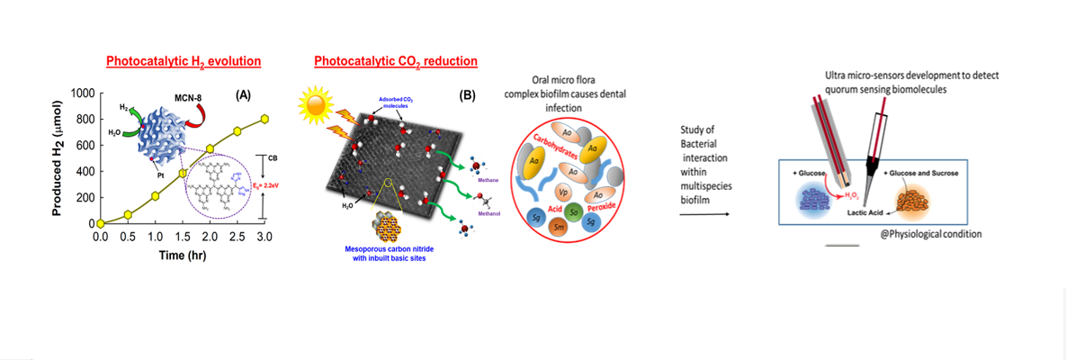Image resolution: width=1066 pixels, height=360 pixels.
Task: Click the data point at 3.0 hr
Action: (x=265, y=118)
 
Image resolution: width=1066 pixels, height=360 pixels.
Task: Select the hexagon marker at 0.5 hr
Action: (x=128, y=214)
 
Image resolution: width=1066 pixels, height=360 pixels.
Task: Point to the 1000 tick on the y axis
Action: (x=83, y=94)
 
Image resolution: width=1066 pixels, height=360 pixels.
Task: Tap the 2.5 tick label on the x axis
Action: (x=237, y=237)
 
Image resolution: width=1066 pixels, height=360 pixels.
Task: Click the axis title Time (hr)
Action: (x=183, y=256)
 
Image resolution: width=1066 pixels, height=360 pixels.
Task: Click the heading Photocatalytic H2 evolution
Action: (x=184, y=62)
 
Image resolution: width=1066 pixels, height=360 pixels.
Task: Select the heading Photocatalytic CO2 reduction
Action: (x=395, y=62)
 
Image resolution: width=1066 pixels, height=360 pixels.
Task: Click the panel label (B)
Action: (x=468, y=94)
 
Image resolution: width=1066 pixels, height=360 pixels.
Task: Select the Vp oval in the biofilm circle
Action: (x=564, y=192)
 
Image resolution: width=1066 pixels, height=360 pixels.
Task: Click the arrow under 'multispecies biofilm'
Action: (x=704, y=214)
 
